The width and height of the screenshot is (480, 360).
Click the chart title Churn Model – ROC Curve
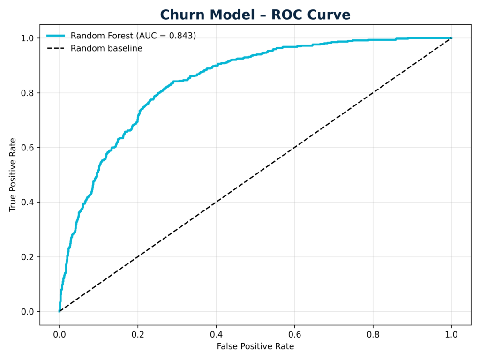[255, 15]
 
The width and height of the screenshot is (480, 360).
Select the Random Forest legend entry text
[133, 36]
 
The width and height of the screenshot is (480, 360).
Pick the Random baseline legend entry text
[106, 48]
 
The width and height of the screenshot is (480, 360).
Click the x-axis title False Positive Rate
[255, 346]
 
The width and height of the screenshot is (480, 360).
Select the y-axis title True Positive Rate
[13, 174]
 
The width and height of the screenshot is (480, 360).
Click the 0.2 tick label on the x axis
[137, 335]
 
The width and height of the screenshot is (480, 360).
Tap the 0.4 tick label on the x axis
[216, 335]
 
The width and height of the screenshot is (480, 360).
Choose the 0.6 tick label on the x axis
[294, 335]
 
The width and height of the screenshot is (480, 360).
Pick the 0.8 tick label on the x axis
[373, 335]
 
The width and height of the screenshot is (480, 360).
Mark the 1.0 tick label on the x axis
[451, 335]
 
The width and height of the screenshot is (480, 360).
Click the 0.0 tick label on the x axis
[59, 335]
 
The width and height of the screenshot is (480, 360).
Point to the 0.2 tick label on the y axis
[29, 257]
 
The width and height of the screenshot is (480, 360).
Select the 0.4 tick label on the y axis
[29, 202]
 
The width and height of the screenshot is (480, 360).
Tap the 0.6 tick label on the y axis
[29, 148]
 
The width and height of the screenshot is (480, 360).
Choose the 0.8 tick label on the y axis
[29, 93]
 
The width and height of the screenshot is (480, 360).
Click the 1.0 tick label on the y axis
[29, 38]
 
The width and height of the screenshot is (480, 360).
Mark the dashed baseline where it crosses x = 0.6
[294, 148]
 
